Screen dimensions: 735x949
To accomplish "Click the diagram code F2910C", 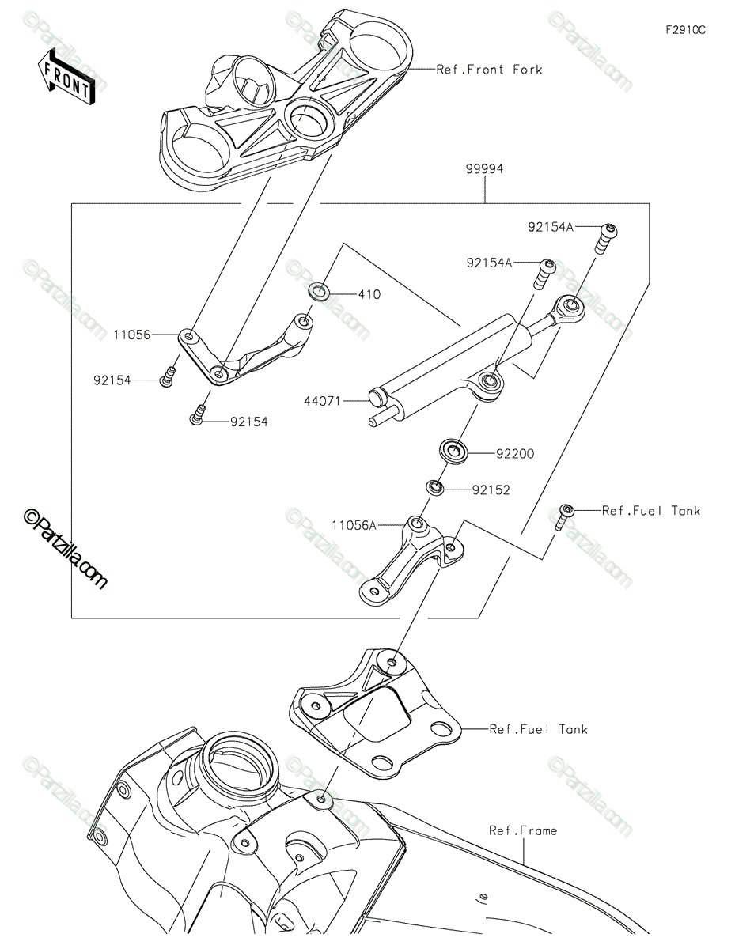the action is (685, 30).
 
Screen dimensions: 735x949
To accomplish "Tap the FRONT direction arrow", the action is (66, 78).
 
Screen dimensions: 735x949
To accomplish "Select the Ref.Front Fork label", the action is (490, 70).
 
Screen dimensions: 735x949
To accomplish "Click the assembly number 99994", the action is (484, 168).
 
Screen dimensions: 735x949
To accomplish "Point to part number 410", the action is (369, 294).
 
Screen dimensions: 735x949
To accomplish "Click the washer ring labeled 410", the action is (319, 291).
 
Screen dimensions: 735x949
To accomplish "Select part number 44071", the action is (322, 401).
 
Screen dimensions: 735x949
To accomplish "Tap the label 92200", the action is (515, 454).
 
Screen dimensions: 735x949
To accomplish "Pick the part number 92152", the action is (491, 490).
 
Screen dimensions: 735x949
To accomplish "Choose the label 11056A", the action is (354, 525).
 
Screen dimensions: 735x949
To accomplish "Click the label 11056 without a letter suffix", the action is (132, 335).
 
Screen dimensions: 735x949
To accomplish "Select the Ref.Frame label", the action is (523, 830).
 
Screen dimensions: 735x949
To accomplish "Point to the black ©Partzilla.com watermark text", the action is (64, 549).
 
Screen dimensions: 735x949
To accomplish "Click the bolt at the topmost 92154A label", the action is (607, 238).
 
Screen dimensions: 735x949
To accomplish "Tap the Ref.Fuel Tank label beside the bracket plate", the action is (538, 729).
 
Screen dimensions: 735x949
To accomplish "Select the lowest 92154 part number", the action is (249, 422).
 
